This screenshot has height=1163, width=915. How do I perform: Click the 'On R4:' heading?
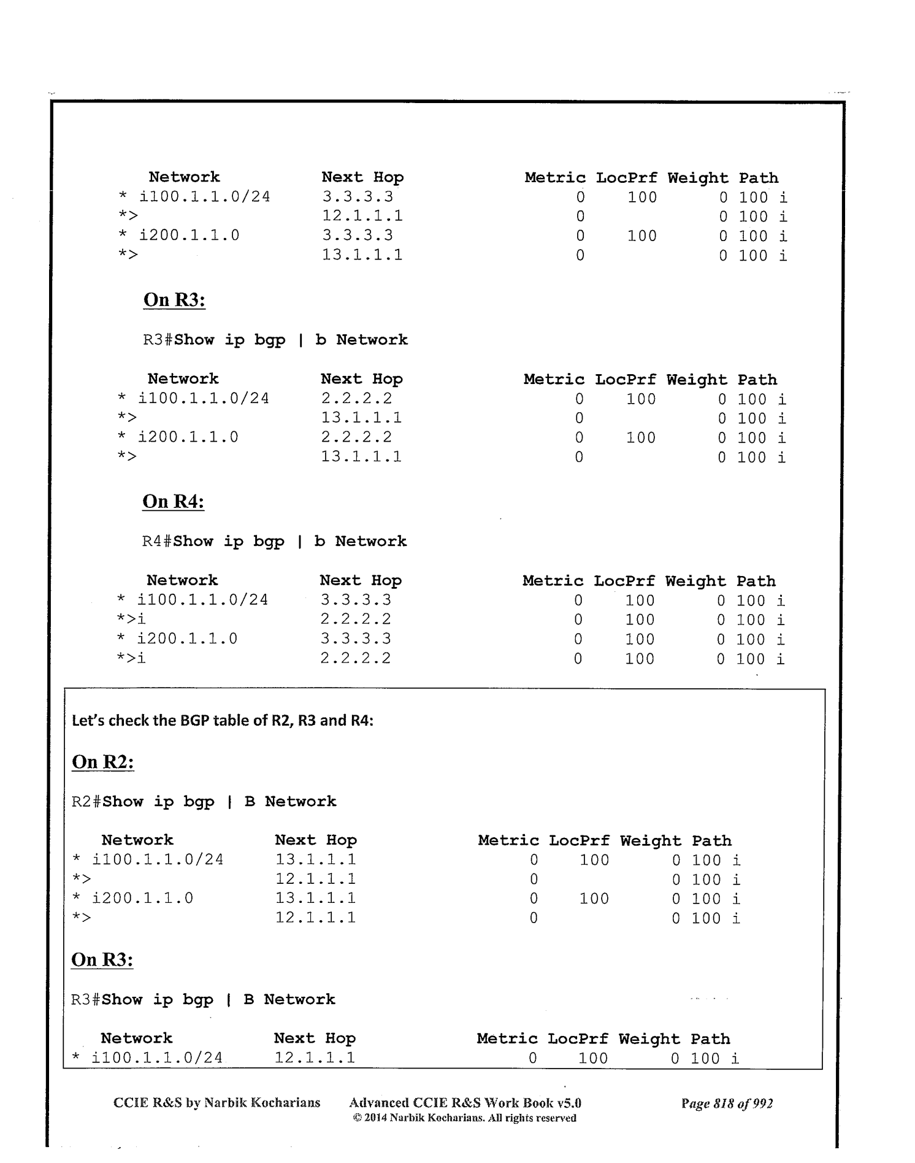173,502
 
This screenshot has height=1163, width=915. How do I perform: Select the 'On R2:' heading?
102,762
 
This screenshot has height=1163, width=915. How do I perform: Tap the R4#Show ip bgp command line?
274,542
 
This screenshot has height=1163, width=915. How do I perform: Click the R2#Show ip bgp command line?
204,802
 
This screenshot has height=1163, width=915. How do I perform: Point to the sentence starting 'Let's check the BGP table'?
223,721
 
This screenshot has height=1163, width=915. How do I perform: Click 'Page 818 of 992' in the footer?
727,1104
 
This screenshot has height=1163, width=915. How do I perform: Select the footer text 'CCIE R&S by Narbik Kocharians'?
216,1103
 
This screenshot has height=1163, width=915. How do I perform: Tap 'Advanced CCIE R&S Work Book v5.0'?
465,1103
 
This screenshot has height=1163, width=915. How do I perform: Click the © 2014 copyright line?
465,1118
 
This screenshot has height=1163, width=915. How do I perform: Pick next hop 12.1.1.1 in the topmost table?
362,217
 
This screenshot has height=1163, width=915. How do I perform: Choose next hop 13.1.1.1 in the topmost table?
362,255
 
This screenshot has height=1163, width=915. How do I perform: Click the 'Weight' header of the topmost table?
698,178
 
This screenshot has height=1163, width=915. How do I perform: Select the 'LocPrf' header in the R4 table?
624,581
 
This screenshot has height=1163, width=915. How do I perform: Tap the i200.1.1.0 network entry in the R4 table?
187,639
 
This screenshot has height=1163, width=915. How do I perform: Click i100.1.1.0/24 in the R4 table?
202,601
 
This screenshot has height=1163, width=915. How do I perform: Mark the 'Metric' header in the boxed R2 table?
508,841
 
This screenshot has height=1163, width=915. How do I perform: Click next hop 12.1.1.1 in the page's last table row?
315,1058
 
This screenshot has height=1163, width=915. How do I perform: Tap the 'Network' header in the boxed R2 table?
137,840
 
